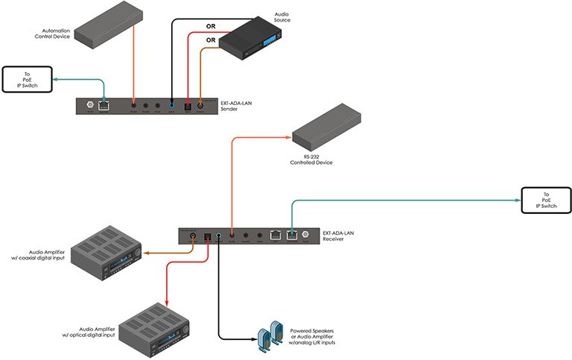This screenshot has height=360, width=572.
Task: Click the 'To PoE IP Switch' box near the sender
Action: click(25, 79)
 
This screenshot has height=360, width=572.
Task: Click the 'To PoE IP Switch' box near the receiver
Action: click(543, 200)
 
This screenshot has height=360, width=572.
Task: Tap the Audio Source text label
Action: click(282, 17)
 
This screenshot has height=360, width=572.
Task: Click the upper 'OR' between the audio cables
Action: click(211, 27)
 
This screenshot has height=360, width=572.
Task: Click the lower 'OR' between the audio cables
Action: click(211, 40)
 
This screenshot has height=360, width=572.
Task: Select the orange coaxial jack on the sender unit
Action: click(200, 107)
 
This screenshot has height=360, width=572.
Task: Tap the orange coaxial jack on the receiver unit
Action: click(193, 235)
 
